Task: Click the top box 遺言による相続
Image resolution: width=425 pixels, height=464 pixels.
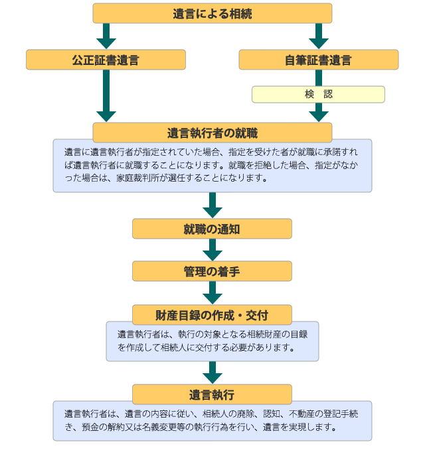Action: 212,13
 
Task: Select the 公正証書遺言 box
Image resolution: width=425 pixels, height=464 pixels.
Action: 106,60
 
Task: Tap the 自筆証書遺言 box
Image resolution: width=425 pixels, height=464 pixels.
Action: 318,60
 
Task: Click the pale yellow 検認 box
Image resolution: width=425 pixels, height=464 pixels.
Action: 318,94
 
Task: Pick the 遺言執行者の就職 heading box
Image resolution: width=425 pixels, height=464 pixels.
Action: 212,132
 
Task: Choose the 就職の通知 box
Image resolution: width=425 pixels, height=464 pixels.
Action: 212,229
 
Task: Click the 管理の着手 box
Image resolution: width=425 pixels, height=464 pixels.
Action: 212,271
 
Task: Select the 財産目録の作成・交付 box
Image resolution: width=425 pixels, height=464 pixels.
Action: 212,314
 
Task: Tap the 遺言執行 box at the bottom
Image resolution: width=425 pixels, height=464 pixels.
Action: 212,394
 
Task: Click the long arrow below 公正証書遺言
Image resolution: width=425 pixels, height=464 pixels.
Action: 106,96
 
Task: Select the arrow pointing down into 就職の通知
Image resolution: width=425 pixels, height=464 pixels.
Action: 212,205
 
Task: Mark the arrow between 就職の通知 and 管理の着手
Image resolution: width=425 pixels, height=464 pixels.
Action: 212,250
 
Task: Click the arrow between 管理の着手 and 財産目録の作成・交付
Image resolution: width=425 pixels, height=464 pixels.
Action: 212,292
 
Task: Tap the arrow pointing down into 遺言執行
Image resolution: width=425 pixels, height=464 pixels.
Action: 212,373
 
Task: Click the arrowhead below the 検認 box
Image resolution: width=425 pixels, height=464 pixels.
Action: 318,114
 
